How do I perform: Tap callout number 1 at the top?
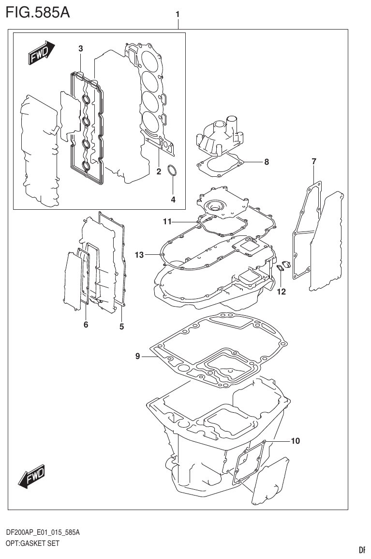[x=178, y=15]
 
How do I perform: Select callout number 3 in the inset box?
[x=81, y=48]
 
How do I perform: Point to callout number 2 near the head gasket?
[x=158, y=171]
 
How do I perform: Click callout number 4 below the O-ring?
[x=173, y=199]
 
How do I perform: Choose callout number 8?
[x=266, y=162]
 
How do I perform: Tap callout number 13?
[x=139, y=255]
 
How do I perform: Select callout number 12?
[x=281, y=292]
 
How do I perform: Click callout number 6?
[x=86, y=325]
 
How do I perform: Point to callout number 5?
[x=121, y=326]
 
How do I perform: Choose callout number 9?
[x=138, y=357]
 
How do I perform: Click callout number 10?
[x=295, y=441]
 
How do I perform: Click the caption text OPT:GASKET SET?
[x=32, y=543]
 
